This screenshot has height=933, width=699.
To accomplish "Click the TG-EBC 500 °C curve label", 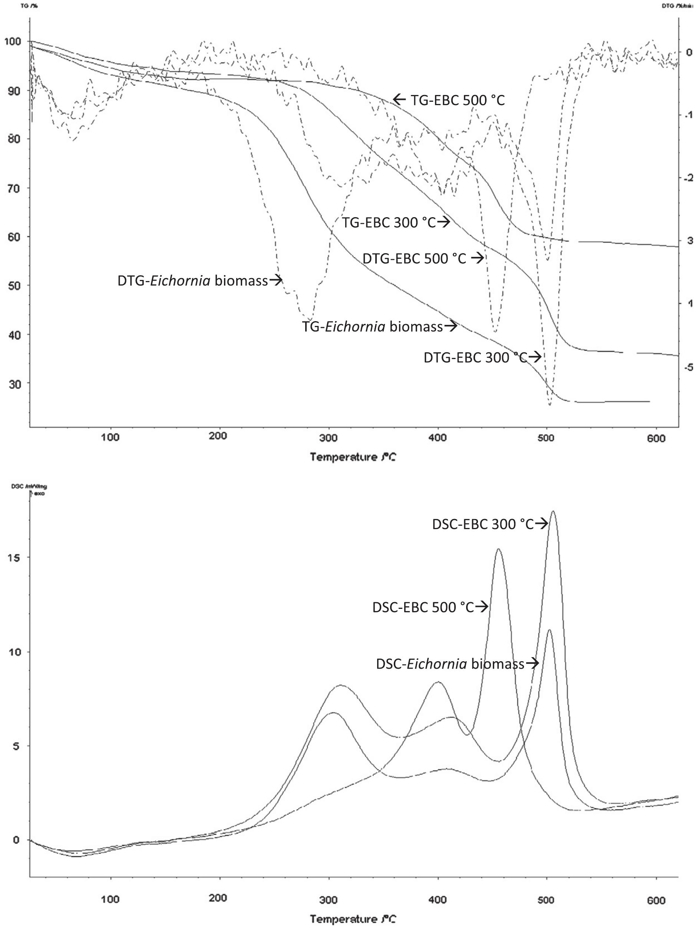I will [x=457, y=100].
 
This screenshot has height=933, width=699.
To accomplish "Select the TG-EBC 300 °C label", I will [x=389, y=222].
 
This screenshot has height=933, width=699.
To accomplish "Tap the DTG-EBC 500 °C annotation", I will [x=415, y=258].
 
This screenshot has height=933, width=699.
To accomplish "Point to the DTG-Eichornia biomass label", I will [x=192, y=280].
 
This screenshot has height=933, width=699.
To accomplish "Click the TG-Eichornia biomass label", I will [x=372, y=326].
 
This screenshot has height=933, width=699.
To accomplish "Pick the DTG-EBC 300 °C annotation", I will [x=476, y=358].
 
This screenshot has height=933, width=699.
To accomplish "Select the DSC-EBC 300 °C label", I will [x=483, y=524].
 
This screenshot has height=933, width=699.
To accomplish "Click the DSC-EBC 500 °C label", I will [x=423, y=607].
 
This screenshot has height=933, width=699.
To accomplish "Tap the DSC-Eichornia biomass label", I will [x=450, y=664].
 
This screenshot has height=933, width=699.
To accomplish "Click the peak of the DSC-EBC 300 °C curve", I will [x=553, y=512].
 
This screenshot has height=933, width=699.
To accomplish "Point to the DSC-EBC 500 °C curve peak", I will [x=499, y=549].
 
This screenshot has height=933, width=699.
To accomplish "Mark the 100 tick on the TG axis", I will [x=12, y=41].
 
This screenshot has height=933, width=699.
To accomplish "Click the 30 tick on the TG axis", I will [x=14, y=384].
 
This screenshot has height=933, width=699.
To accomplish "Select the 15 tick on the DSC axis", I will [x=14, y=558].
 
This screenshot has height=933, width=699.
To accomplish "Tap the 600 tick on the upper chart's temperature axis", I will [x=656, y=439].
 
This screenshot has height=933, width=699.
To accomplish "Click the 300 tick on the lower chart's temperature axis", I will [x=328, y=900].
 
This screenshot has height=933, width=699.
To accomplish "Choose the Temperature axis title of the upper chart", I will [x=353, y=457].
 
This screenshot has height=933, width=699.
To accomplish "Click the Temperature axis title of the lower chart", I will [x=353, y=919].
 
